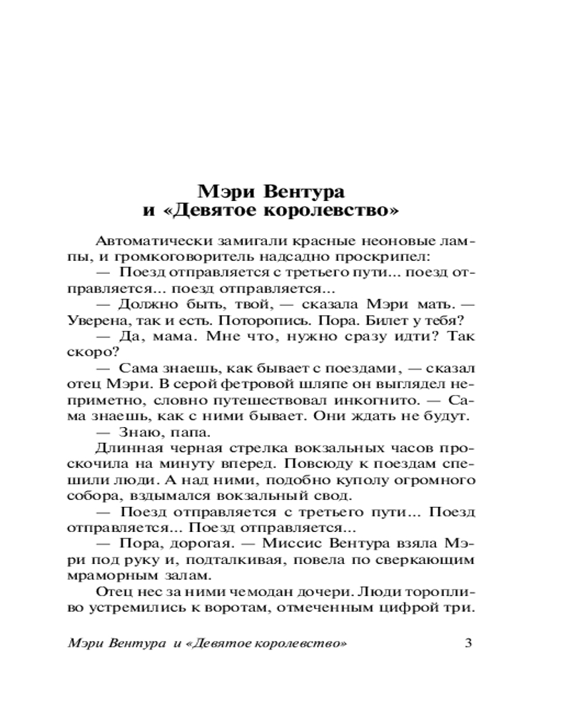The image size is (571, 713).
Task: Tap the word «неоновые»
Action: click(395, 240)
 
